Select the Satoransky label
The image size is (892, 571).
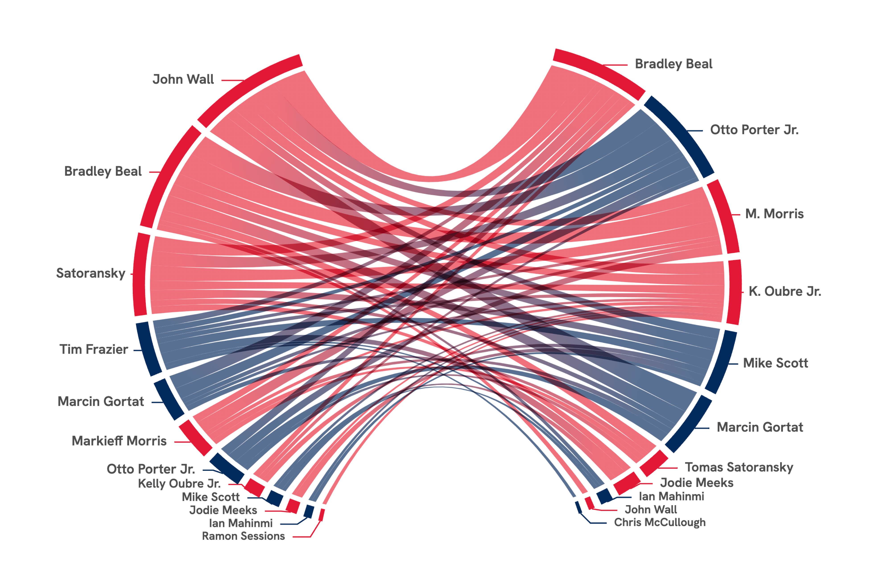[91, 273]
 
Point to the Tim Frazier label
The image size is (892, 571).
[94, 349]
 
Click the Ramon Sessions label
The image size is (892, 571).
[243, 536]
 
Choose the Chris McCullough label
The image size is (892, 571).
[660, 522]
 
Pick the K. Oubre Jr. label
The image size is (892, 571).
[785, 292]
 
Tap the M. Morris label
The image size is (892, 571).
[774, 214]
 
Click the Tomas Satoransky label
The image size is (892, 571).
[739, 467]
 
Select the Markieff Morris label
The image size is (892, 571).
[119, 441]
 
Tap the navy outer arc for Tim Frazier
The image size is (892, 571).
[148, 349]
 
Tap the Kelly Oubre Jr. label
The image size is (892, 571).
[179, 484]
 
